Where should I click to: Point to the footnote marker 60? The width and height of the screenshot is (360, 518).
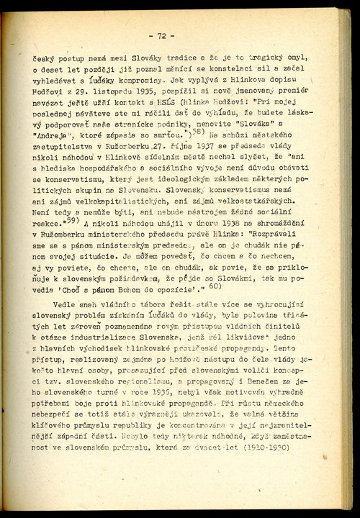coord(215,286)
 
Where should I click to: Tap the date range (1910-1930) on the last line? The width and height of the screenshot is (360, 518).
coord(260,447)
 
